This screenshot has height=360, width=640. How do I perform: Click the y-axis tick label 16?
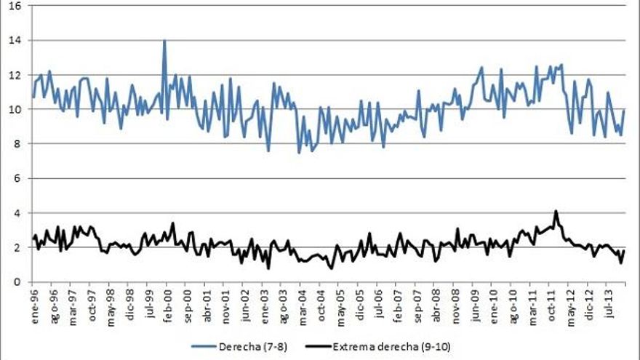[15, 6]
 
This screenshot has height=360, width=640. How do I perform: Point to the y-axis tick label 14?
[15, 40]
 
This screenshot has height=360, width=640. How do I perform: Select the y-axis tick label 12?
[15, 75]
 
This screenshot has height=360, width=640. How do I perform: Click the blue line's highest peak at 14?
[164, 41]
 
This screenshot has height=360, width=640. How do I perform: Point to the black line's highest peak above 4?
[556, 212]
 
